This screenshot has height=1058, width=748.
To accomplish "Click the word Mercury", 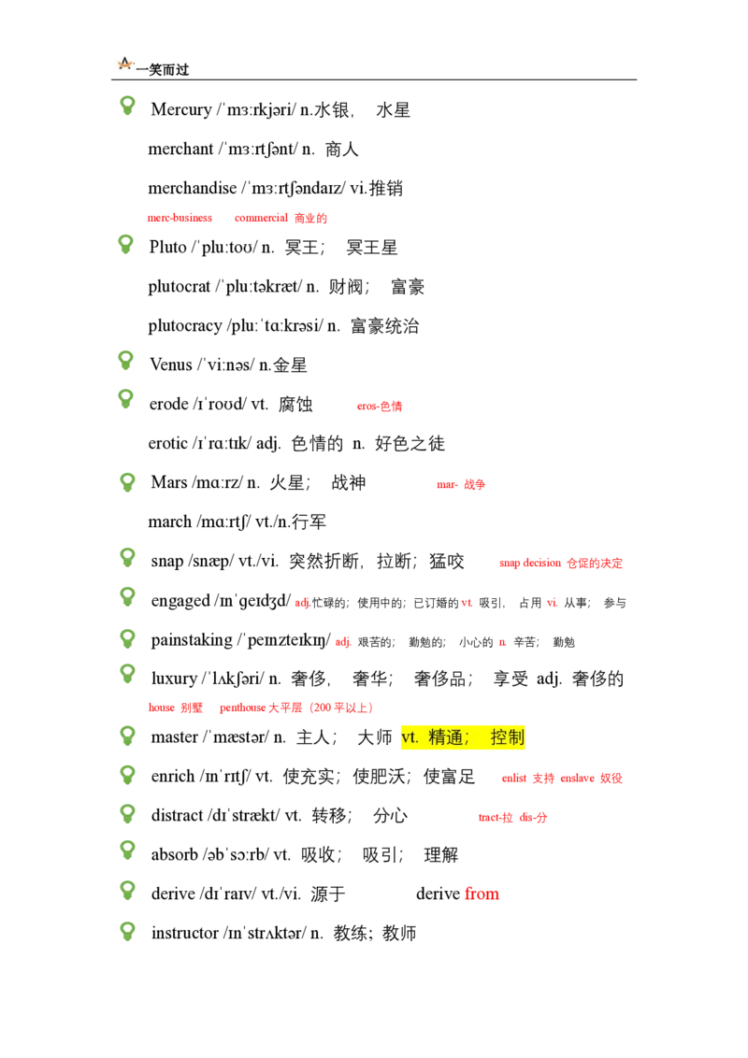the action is pos(181,110).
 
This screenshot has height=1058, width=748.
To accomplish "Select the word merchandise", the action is pos(193,188).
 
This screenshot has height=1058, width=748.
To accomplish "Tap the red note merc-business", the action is pos(180,218).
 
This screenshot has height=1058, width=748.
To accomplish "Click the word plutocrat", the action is pos(179,288).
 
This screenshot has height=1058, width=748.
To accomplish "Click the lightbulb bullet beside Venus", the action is pos(125,361).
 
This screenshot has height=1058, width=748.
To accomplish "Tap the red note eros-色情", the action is pos(380,407).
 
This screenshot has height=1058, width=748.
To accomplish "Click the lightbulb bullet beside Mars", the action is pos(126,482).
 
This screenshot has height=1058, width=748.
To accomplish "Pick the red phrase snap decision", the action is pos(530,564).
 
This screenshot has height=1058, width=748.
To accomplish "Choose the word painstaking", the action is pos(191,640).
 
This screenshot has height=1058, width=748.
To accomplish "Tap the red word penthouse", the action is pos(242,708).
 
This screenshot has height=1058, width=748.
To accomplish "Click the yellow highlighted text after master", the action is pos(463,737).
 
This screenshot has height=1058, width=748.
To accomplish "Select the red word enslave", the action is pos(577,779).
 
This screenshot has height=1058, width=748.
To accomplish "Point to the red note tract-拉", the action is pos(496,818).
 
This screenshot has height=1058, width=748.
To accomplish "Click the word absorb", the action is pos(174,855).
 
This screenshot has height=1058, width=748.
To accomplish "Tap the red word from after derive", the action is pos(482,894).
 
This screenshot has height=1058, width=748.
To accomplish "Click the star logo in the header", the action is pos(125,64).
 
